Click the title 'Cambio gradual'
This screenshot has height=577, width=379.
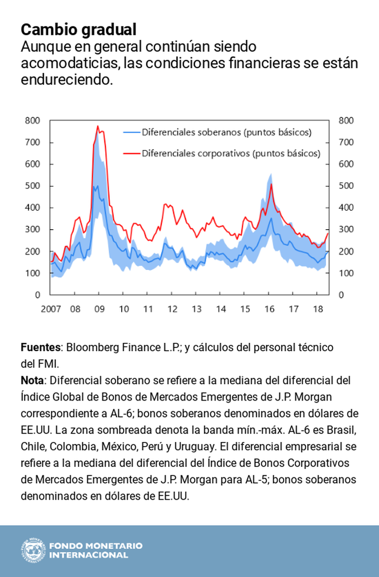coord(78,29)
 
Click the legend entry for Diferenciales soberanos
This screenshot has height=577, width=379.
coord(217,132)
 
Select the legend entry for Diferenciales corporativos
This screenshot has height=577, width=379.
coord(222,153)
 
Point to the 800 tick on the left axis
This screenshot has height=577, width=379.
coord(32,120)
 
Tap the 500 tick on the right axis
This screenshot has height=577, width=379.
coord(346,186)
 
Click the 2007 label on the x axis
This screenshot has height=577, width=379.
coord(51,309)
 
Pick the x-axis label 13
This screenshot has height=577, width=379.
coord(196,309)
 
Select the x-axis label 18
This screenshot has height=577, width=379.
coord(318,309)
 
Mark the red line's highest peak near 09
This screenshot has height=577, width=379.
coord(98,126)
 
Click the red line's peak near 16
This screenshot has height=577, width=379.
coord(271,184)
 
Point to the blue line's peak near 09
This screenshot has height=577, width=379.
coord(97,186)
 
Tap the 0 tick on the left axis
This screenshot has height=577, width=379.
coord(37,295)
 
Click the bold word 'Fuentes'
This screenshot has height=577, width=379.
coord(40,347)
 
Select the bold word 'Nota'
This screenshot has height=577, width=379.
coord(32,380)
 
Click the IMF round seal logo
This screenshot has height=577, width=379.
coord(33,551)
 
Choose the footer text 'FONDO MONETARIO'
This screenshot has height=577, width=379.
coord(96,546)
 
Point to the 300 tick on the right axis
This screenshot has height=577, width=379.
coord(346,229)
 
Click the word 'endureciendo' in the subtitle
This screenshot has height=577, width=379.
coord(67,80)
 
